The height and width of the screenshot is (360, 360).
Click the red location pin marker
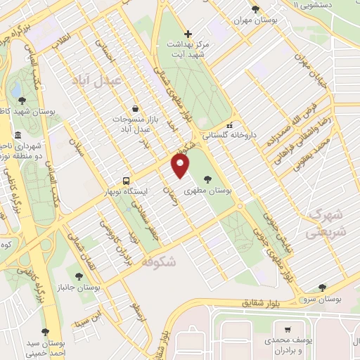pyautogui.click(x=181, y=166)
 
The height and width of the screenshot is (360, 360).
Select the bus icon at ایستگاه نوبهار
pyautogui.click(x=126, y=180)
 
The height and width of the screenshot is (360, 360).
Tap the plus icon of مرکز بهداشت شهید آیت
pyautogui.click(x=187, y=34)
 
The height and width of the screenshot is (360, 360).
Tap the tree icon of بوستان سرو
pyautogui.click(x=322, y=287)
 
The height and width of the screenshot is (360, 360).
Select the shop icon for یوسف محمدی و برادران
pyautogui.click(x=287, y=328)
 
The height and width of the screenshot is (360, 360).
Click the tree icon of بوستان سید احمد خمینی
pyautogui.click(x=46, y=330)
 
